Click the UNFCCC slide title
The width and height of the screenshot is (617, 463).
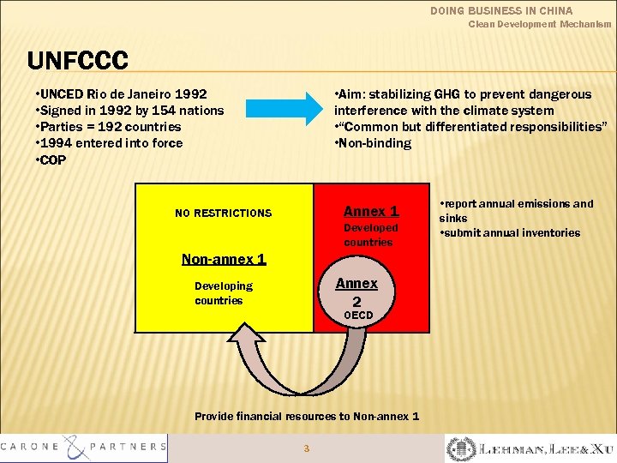click(77, 61)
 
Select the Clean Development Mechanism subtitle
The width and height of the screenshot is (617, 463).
click(540, 25)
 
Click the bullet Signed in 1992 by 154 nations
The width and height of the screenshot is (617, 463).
click(129, 110)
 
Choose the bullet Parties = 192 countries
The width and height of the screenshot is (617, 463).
click(108, 126)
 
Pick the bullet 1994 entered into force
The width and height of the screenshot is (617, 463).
click(109, 142)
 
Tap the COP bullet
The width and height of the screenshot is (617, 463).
click(51, 159)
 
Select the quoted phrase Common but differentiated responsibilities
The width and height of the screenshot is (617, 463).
click(473, 126)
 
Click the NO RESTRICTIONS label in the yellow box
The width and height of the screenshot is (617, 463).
click(223, 213)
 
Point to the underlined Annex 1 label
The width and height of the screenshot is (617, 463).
click(371, 211)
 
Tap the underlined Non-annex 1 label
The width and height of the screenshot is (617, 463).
click(224, 259)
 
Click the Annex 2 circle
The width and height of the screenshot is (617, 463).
click(357, 292)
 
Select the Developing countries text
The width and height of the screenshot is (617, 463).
click(223, 292)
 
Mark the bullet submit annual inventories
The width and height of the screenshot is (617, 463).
click(512, 232)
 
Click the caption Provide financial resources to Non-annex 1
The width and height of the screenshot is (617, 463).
click(307, 416)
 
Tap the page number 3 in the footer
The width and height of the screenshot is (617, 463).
click(307, 448)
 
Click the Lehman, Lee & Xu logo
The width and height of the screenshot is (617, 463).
click(530, 448)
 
